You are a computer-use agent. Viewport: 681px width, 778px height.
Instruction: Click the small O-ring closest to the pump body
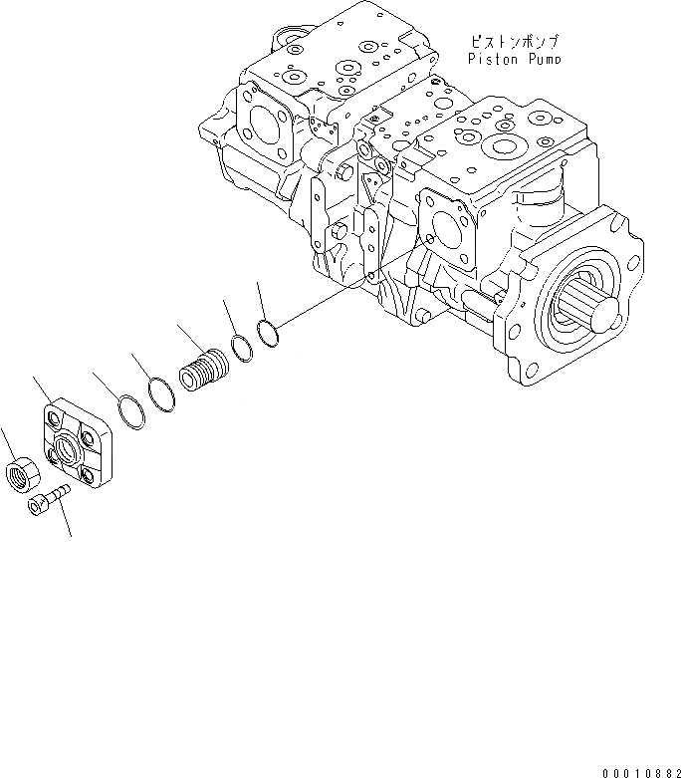pyautogui.click(x=267, y=332)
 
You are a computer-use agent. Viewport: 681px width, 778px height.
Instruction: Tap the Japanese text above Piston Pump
pyautogui.click(x=515, y=42)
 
